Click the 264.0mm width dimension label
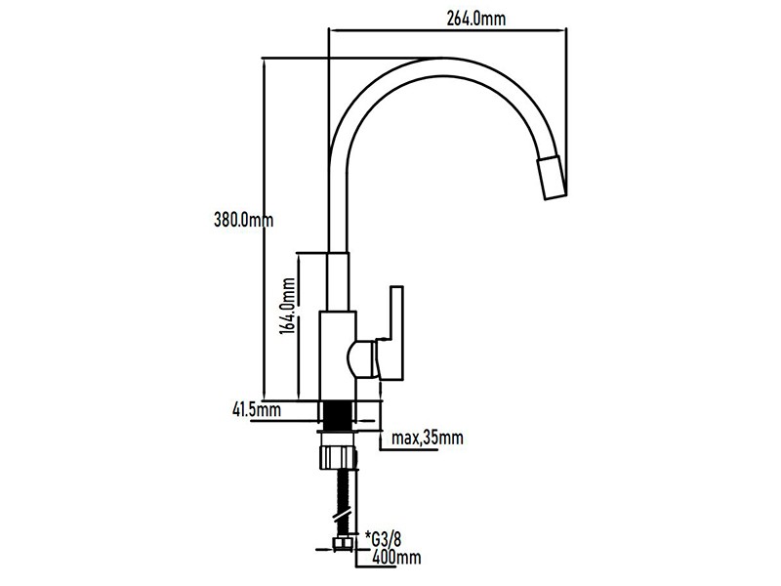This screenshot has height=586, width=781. [x=476, y=19]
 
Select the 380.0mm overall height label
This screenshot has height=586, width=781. [x=243, y=220]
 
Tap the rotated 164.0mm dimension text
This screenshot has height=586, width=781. [x=288, y=306]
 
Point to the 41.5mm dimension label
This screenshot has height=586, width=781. [x=257, y=409]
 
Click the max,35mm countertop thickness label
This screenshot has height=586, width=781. [x=428, y=438]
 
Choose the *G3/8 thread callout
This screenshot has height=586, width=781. [x=383, y=539]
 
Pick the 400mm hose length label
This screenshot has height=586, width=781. [x=396, y=558]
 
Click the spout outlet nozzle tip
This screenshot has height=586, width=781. [x=551, y=178]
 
